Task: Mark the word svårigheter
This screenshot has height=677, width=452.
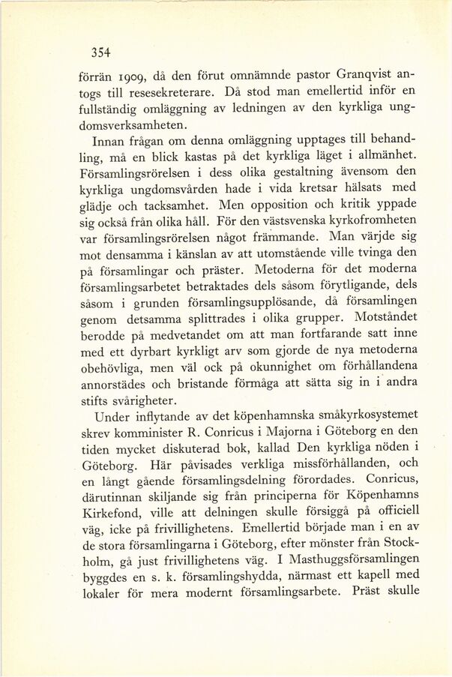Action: coord(139,402)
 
